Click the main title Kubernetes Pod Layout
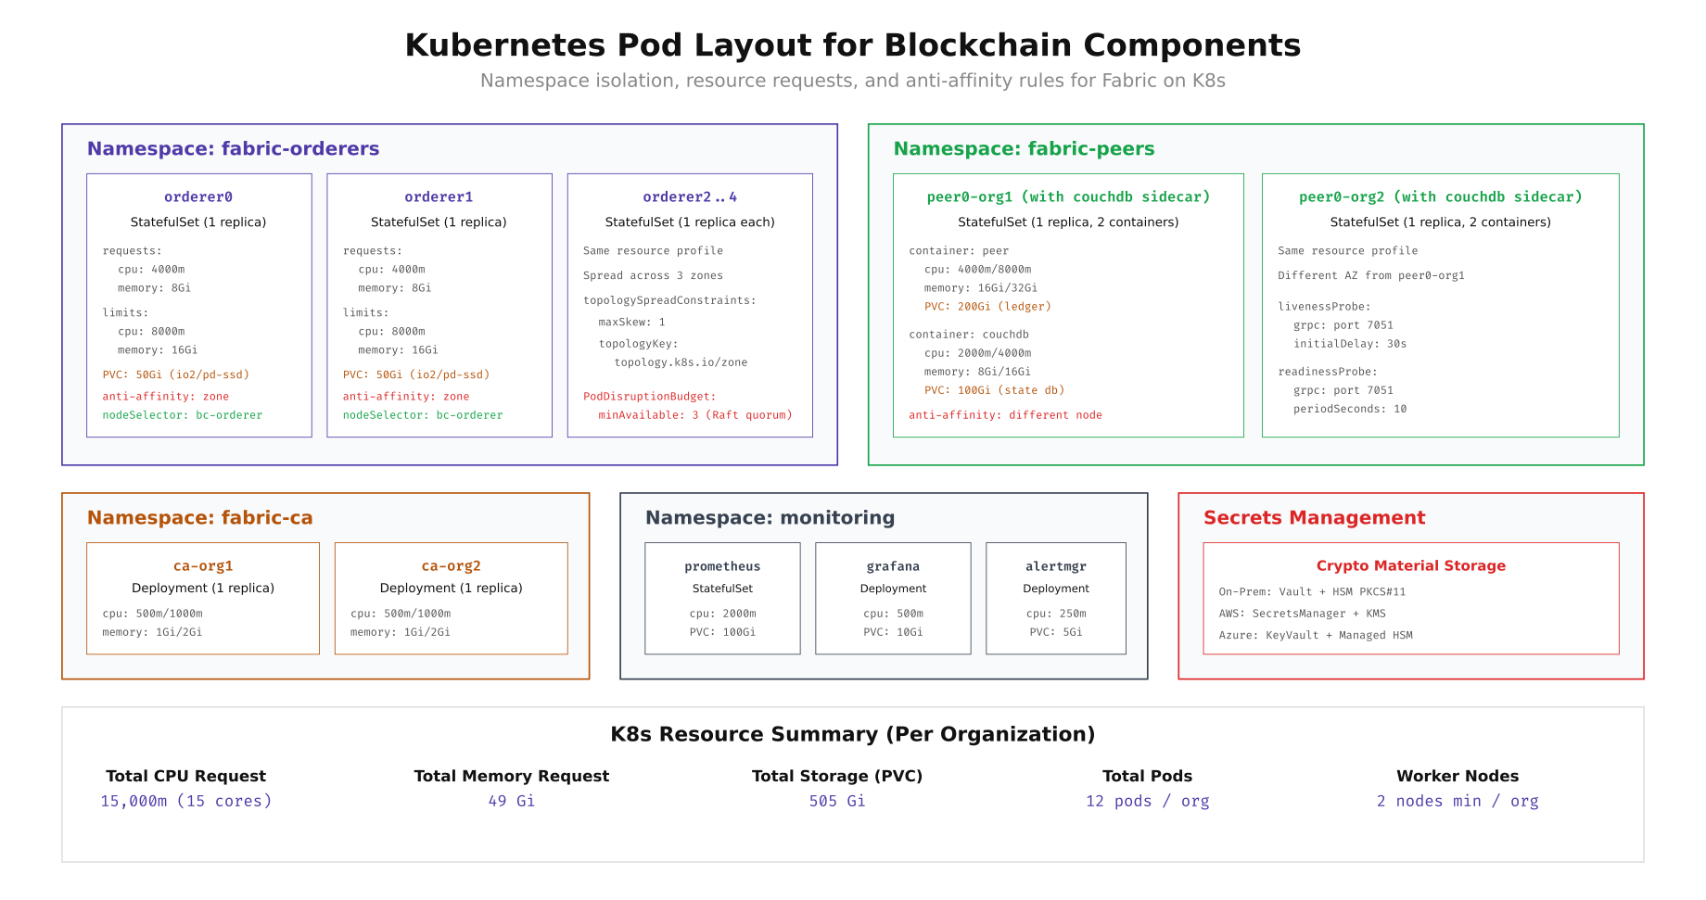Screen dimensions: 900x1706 coord(852,45)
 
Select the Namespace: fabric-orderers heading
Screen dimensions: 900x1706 coord(233,149)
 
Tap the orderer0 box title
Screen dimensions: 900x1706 coord(198,197)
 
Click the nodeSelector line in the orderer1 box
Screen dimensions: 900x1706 coord(423,415)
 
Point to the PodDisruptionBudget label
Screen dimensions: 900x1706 coord(649,397)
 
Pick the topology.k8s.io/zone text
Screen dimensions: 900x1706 coord(681,362)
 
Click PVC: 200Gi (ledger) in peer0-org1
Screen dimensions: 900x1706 coord(987,307)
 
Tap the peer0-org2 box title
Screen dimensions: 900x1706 coord(1440,197)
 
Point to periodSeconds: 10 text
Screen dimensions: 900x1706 coord(1350,409)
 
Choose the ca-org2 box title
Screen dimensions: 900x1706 coord(451,566)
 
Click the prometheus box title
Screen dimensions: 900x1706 coord(722,566)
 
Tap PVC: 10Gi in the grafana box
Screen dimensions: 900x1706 coord(893,632)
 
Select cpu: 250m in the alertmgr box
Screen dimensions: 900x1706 coord(1056,614)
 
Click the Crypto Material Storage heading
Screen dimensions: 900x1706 coord(1410,566)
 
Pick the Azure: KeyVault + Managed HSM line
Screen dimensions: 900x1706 coord(1316,635)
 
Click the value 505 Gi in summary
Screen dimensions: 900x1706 coord(836,801)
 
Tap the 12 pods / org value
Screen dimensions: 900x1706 coord(1147,801)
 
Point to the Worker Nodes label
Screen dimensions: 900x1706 coord(1457,777)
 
